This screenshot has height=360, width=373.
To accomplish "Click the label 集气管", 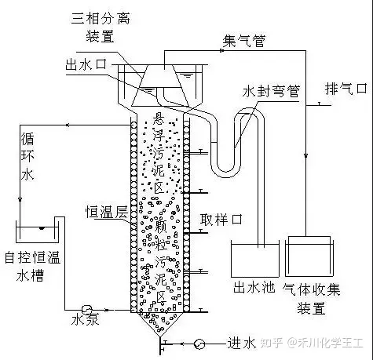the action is tap(243, 41).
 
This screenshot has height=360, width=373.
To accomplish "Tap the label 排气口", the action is tap(346, 89).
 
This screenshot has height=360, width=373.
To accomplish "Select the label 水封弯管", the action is tap(271, 91).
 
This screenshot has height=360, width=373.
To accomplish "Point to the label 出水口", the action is tap(86, 64).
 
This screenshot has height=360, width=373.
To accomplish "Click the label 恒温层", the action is tap(107, 212).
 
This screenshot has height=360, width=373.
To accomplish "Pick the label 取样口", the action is tap(221, 219).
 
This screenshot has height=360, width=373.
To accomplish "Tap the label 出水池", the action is tap(254, 287).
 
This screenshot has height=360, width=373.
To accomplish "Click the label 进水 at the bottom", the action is tap(241, 343).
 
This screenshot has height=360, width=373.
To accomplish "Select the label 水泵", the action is tap(86, 319).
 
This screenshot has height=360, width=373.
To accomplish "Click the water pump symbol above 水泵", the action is tap(86, 310).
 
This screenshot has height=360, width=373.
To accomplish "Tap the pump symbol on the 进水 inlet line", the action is tap(199, 344).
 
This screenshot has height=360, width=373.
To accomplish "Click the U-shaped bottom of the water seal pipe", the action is tap(226, 171).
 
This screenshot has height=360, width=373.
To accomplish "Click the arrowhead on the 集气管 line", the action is tap(221, 50).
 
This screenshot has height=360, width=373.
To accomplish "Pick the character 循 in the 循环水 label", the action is tap(27, 139).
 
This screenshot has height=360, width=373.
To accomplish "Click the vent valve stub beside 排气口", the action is tap(319, 104).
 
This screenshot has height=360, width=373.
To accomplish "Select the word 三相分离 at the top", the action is tap(101, 18).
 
